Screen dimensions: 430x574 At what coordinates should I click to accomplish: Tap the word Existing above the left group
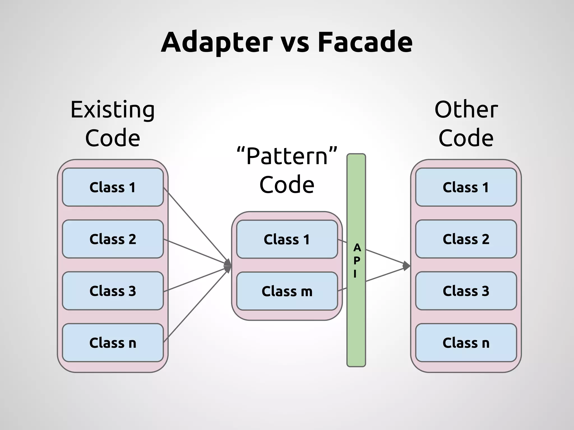(x=112, y=110)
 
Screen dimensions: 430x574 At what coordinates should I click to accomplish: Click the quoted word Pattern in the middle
(x=287, y=156)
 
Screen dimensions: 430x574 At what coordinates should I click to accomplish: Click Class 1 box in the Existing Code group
(x=113, y=187)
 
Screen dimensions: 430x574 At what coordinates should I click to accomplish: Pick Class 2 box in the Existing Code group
(x=113, y=239)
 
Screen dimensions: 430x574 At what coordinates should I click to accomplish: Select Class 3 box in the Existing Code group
(x=113, y=291)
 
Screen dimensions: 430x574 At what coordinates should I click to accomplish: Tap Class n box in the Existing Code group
(x=113, y=343)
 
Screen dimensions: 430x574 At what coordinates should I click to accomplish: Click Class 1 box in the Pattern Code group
(x=287, y=239)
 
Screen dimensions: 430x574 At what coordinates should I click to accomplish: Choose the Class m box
(x=287, y=291)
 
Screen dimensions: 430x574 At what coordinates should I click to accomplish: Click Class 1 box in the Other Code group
(x=466, y=187)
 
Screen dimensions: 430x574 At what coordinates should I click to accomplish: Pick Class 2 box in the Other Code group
(x=466, y=239)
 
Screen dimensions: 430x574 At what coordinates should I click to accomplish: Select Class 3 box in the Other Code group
(x=466, y=291)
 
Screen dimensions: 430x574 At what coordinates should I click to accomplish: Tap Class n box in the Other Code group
(x=466, y=343)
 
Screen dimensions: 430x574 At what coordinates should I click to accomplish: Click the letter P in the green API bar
(x=357, y=261)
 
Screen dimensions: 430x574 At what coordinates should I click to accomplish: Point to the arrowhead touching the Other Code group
(x=406, y=266)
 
